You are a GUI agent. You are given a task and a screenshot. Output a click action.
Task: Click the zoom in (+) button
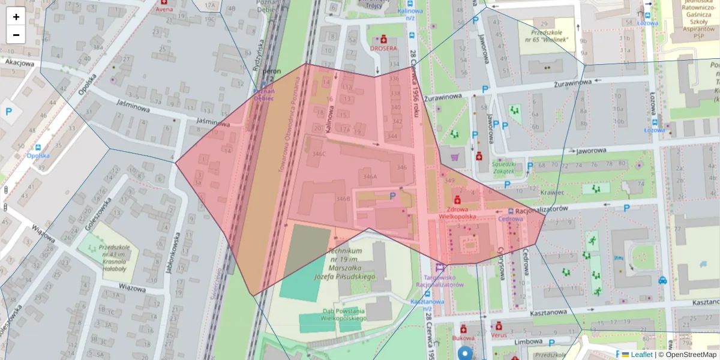tap(16, 16)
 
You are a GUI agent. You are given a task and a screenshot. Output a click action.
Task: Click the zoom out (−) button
tap(16, 35)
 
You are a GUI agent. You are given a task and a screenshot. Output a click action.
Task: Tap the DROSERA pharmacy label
tap(384, 48)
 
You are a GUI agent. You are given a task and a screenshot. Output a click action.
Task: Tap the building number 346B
tap(343, 199)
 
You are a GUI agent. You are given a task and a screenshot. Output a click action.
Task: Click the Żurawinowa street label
tap(441, 96)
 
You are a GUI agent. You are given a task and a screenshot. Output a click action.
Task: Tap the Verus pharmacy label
tap(498, 336)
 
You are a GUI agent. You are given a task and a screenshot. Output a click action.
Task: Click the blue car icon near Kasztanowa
tap(662, 280)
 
